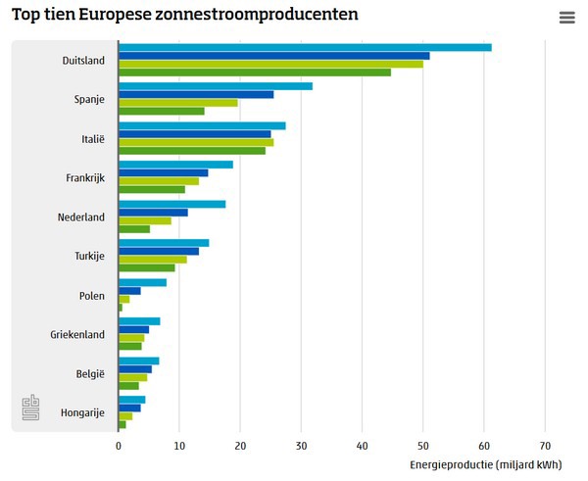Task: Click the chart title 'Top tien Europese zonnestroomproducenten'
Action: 184,16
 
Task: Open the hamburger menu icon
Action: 566,18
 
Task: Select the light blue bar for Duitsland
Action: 305,47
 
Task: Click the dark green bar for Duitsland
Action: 254,72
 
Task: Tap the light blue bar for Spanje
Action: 216,86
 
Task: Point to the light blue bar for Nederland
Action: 171,204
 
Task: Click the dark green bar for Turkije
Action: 147,267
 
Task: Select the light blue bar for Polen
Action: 142,282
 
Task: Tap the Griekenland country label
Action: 77,334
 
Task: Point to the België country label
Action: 88,373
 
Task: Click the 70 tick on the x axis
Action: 545,445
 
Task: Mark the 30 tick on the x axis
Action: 301,445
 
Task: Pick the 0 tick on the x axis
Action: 119,445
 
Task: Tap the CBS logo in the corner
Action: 31,409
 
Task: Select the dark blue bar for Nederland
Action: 153,213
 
